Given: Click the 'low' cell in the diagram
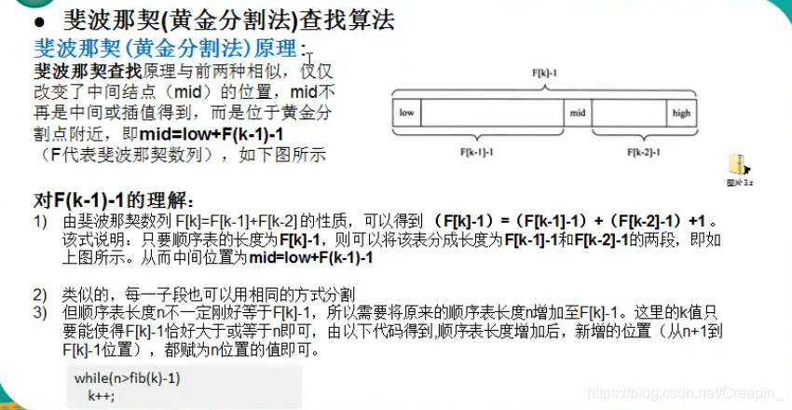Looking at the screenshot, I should [x=406, y=114].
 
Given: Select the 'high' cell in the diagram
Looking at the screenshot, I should [x=680, y=114].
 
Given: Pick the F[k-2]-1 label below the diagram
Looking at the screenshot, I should [x=642, y=150].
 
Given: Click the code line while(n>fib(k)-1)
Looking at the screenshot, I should [x=128, y=378].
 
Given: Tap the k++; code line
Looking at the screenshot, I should [x=100, y=395].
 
